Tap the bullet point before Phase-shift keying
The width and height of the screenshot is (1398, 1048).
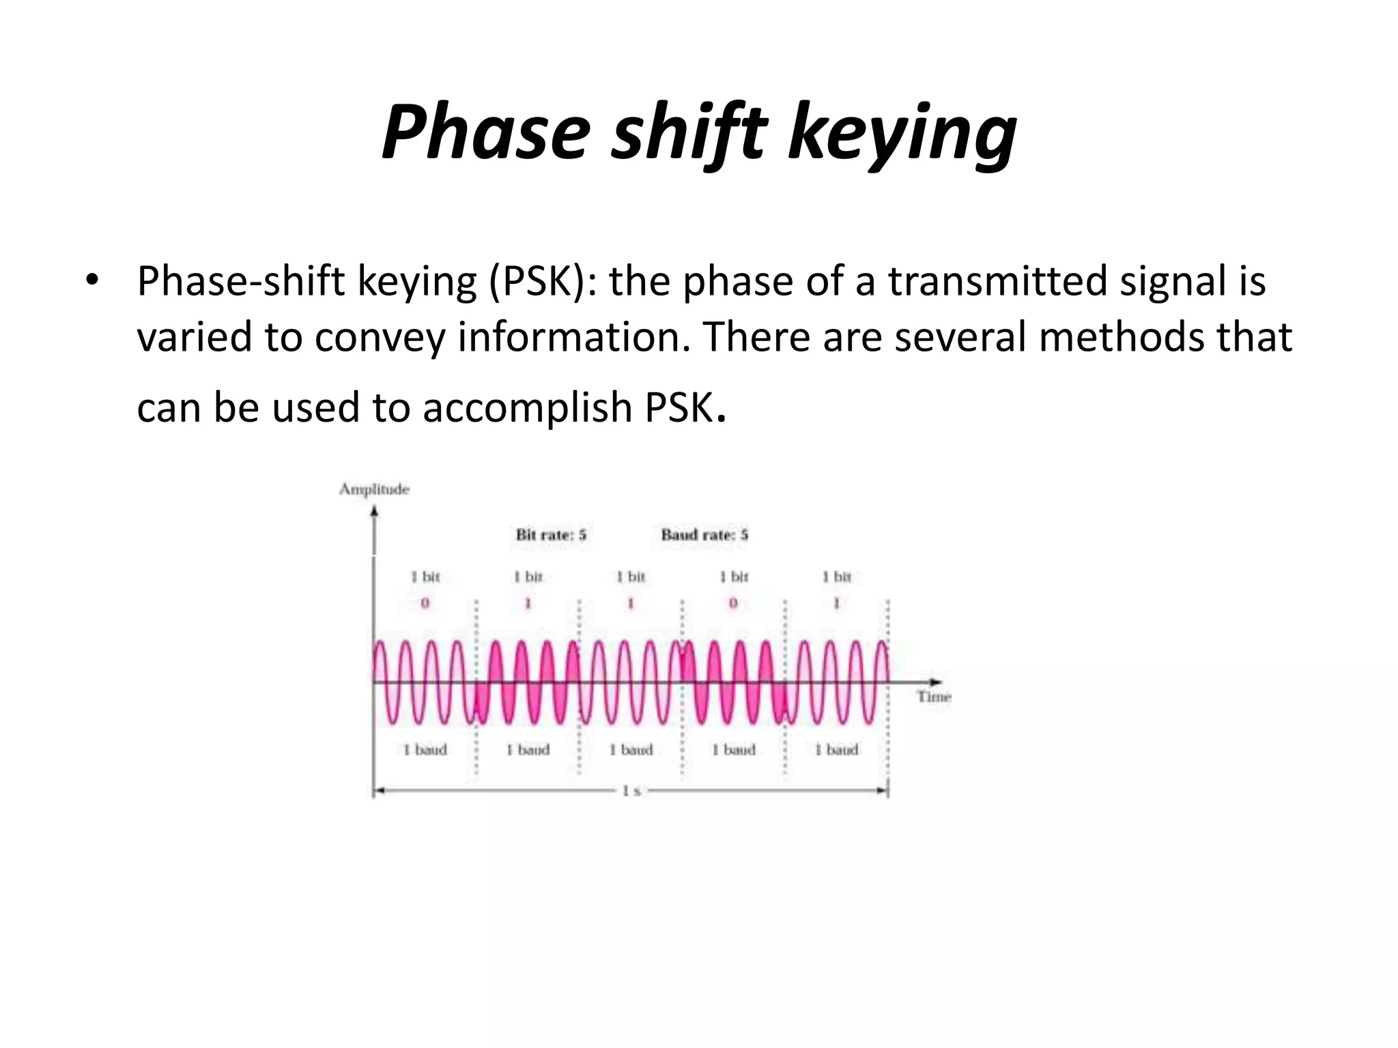click(92, 280)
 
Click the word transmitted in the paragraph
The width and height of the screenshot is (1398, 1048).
click(997, 280)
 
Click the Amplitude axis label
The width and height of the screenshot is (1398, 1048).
click(374, 489)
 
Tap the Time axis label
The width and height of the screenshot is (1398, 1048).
click(934, 697)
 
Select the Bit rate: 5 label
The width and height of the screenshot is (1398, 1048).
click(551, 534)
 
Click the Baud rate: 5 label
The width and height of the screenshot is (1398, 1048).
click(704, 534)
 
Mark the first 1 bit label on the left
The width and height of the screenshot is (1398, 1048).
click(425, 577)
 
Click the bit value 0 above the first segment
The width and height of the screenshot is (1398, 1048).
click(425, 603)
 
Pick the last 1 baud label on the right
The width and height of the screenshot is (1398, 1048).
click(836, 750)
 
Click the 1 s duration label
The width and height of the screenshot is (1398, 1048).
click(631, 791)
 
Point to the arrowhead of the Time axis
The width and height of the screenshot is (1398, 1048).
click(936, 682)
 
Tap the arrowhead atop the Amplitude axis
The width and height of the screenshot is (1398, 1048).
click(374, 512)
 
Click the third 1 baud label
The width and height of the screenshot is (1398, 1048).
click(631, 750)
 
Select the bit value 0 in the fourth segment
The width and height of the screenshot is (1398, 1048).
click(733, 603)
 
